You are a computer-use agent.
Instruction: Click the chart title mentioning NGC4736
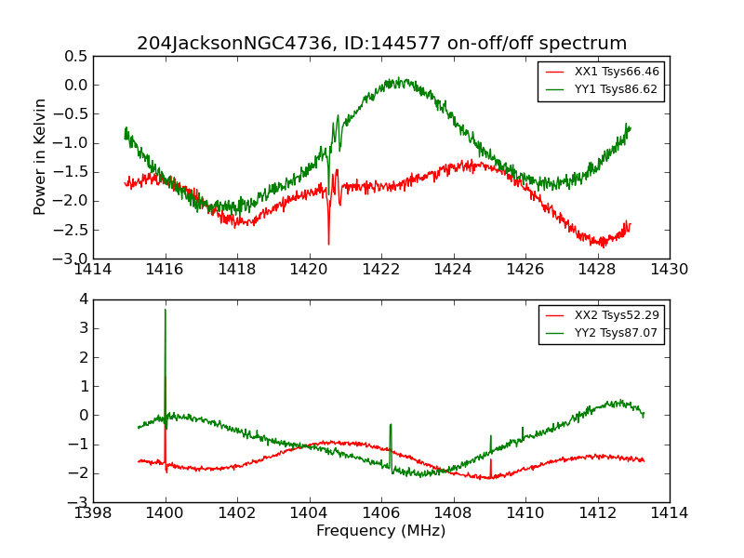(x=381, y=44)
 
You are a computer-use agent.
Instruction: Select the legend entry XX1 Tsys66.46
(x=616, y=72)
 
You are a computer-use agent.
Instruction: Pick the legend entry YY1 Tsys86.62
(x=616, y=89)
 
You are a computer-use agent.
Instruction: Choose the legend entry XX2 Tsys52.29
(x=617, y=315)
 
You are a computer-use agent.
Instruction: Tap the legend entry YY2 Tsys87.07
(x=617, y=333)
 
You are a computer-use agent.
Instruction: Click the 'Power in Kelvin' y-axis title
(x=40, y=156)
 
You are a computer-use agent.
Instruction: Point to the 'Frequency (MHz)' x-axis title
(x=380, y=531)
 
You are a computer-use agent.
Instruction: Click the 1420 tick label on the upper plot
(x=309, y=270)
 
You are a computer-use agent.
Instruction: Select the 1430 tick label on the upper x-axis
(x=669, y=270)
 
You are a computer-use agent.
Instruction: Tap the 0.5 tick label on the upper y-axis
(x=75, y=56)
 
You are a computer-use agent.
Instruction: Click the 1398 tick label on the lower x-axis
(x=93, y=513)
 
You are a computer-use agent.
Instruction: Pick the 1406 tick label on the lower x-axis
(x=381, y=513)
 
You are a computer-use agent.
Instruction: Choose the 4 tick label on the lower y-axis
(x=83, y=299)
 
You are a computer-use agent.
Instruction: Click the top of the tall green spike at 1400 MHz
(x=166, y=310)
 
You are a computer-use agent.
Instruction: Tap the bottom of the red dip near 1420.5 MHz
(x=328, y=244)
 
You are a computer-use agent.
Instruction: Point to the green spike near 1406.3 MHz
(x=391, y=426)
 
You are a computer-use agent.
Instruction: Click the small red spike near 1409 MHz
(x=491, y=460)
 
